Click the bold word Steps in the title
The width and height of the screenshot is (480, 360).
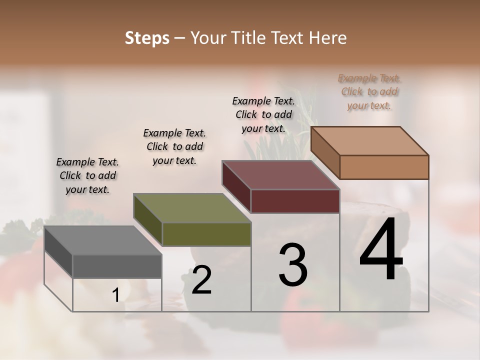tap(147, 38)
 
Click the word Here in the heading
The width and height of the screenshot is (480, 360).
tap(328, 38)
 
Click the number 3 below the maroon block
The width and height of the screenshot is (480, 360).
tap(293, 265)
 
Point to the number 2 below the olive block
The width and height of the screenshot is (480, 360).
tap(201, 280)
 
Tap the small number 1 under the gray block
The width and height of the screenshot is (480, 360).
tap(115, 295)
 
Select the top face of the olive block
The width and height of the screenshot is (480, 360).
tap(192, 208)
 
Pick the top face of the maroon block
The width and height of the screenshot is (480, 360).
tap(281, 175)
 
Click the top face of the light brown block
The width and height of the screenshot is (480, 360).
tap(370, 141)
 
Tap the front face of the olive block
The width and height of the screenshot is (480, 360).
tap(206, 234)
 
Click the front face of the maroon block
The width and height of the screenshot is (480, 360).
tap(295, 201)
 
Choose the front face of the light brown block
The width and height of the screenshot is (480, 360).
tap(384, 167)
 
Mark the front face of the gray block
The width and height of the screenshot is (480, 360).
tap(117, 266)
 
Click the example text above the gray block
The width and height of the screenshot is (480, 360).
tap(87, 175)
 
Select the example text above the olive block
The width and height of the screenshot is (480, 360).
tap(174, 146)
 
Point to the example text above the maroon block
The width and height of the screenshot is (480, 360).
tap(263, 114)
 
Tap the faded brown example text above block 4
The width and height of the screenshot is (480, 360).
tap(369, 92)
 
